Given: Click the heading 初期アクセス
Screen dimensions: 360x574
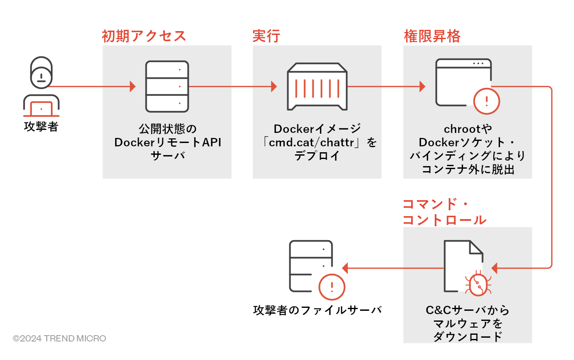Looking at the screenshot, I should tap(144, 36).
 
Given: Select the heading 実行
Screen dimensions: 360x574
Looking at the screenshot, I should tap(266, 36).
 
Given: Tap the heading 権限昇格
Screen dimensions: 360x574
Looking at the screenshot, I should tap(432, 36).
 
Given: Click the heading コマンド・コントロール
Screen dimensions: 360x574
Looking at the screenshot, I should tap(444, 212).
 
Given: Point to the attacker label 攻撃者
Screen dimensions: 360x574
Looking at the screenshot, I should tap(41, 127).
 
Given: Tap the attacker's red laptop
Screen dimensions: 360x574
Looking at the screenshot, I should tap(41, 109).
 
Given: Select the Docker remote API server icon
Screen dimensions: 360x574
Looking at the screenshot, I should tap(167, 86).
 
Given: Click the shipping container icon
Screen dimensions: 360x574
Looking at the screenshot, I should tap(317, 86).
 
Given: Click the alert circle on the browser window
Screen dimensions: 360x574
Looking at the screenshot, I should tap(487, 101).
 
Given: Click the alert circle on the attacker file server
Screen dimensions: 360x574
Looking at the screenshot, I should tap(332, 288).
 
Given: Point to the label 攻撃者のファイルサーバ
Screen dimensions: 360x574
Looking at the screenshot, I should tap(317, 310).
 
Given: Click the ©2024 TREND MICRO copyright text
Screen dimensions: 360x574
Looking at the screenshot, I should tap(59, 338).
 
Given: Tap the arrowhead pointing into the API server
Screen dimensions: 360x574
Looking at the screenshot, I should tap(133, 87).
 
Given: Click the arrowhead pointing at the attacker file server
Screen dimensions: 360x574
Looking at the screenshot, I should tap(345, 267).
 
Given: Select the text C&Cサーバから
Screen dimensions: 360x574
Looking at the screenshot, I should tap(467, 310).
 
